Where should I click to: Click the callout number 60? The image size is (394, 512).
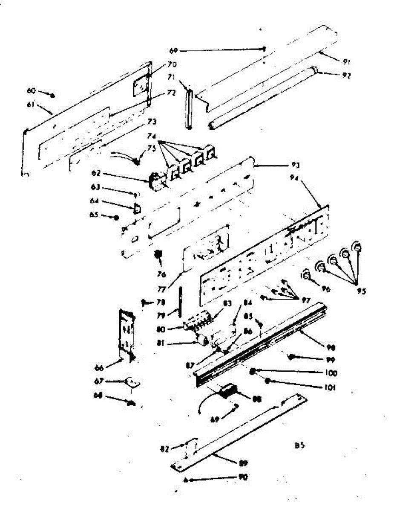(31, 90)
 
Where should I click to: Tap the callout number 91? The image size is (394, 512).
(347, 62)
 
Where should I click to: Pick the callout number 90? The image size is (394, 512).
(243, 477)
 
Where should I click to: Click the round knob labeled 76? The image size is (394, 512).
(158, 254)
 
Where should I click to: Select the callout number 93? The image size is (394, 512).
(282, 164)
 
